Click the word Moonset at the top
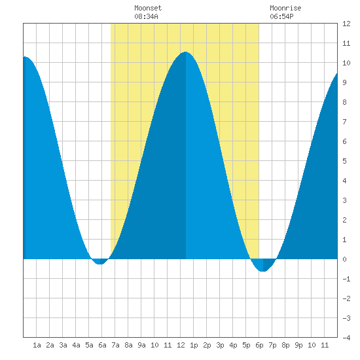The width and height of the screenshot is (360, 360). click(148, 8)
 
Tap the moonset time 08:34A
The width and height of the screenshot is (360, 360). click(146, 16)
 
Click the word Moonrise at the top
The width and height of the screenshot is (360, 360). click(285, 8)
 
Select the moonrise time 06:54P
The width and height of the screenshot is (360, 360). click(281, 16)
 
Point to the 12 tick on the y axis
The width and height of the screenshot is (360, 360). click(346, 24)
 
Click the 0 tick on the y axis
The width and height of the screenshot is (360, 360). click(344, 259)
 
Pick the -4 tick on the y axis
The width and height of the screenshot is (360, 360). click(346, 338)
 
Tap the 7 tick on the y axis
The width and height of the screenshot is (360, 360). click(344, 122)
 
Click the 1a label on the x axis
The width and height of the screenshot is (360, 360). click(37, 345)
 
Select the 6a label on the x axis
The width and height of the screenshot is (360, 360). click(102, 345)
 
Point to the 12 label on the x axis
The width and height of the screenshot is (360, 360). click(181, 345)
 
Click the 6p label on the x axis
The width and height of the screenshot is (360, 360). click(259, 345)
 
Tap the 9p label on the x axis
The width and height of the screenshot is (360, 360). click(298, 345)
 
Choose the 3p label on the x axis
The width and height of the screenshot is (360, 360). click(220, 345)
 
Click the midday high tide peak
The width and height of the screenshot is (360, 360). click(185, 52)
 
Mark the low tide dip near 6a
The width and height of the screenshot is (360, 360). click(100, 264)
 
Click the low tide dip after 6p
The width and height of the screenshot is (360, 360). click(263, 271)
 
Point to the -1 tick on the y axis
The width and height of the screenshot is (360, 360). click(346, 279)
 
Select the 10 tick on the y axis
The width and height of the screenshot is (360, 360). click(346, 63)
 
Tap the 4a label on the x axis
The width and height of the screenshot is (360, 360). click(76, 345)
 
